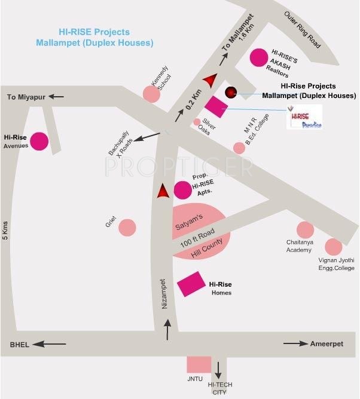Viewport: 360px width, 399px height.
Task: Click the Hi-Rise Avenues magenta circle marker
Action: [39, 141]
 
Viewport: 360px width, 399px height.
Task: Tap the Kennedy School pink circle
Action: [151, 93]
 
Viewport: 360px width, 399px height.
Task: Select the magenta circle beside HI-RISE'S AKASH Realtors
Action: [259, 57]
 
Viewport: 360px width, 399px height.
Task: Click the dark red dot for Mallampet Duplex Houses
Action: [231, 92]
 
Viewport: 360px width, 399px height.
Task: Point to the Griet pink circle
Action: [127, 227]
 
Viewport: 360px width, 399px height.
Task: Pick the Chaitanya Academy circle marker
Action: [305, 230]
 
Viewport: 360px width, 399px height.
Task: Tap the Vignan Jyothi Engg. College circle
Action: [333, 246]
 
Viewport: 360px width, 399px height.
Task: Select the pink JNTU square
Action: [199, 364]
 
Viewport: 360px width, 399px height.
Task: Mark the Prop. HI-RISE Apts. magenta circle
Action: [182, 190]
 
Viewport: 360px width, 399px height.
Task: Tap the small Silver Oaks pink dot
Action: [197, 122]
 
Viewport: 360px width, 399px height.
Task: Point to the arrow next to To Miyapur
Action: [57, 96]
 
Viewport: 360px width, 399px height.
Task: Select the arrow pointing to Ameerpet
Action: [295, 343]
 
